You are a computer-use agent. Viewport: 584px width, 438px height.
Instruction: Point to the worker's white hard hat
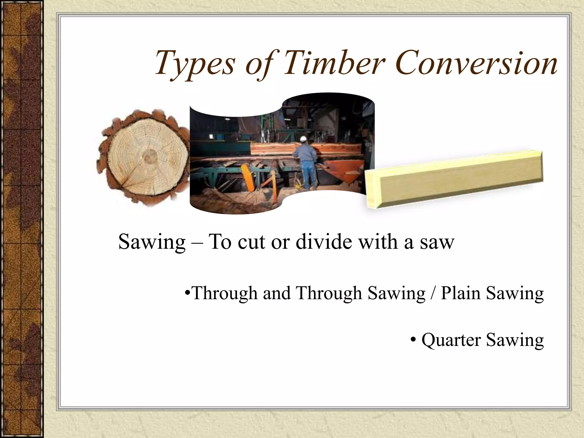point(303,139)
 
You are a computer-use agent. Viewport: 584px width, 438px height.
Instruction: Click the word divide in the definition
point(324,242)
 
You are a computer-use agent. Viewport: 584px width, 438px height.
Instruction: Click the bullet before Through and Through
point(187,293)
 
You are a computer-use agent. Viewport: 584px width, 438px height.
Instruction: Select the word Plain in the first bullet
point(460,293)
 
